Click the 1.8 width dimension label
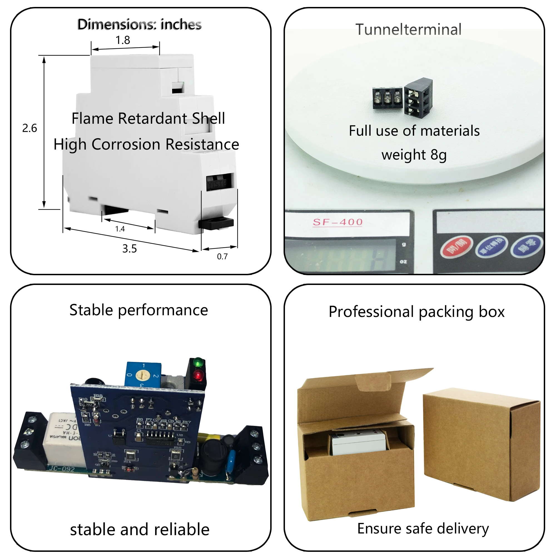pyautogui.click(x=123, y=40)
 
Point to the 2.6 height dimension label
pyautogui.click(x=30, y=128)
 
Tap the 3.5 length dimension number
pyautogui.click(x=130, y=249)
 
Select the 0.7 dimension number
pyautogui.click(x=222, y=256)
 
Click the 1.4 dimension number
pyautogui.click(x=120, y=229)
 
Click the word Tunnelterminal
pyautogui.click(x=408, y=29)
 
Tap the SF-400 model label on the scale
pyautogui.click(x=337, y=222)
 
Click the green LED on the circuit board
pyautogui.click(x=198, y=363)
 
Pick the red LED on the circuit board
pyautogui.click(x=198, y=375)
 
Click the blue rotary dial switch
pyautogui.click(x=142, y=375)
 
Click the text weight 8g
pyautogui.click(x=414, y=155)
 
